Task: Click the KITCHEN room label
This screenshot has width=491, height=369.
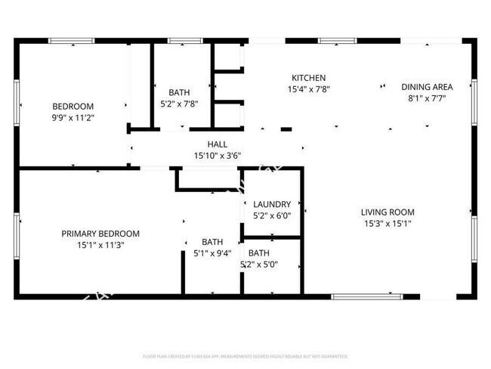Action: (x=308, y=78)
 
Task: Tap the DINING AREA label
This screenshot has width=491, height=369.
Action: (x=428, y=87)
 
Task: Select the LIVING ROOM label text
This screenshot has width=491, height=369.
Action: (x=387, y=212)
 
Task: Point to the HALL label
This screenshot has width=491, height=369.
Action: (x=217, y=144)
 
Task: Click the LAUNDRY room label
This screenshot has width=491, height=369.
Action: (x=272, y=204)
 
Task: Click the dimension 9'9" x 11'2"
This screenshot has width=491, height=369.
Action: (x=73, y=117)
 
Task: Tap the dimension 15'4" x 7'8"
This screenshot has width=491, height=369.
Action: (x=308, y=89)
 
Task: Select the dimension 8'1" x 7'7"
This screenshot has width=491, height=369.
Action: (x=428, y=98)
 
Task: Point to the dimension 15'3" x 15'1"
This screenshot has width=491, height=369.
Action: (x=387, y=224)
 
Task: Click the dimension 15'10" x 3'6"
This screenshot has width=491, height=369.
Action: (x=217, y=156)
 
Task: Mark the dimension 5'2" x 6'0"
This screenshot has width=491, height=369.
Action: (x=272, y=216)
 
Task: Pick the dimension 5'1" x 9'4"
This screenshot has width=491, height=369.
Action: (x=212, y=253)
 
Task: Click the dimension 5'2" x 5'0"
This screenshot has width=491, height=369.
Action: (x=259, y=265)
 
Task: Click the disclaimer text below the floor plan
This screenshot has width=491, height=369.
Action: (x=245, y=355)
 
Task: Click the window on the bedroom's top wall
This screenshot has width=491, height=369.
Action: (x=72, y=40)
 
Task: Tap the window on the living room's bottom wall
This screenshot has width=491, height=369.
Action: (x=357, y=297)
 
